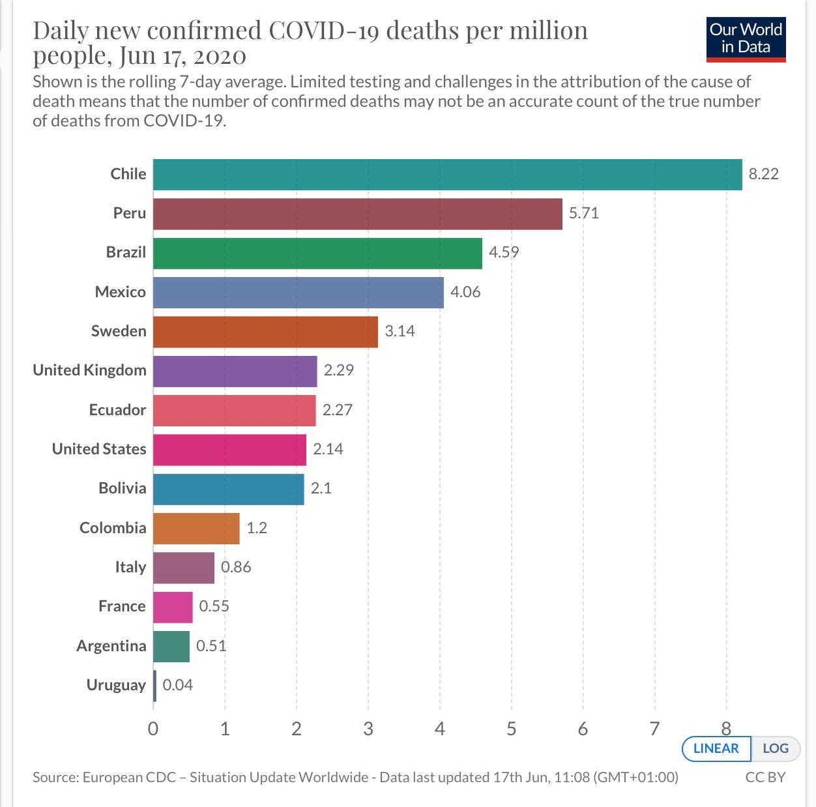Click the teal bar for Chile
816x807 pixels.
(447, 175)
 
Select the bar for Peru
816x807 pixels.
(357, 214)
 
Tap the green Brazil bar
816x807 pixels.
(317, 253)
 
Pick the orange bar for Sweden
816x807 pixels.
(265, 332)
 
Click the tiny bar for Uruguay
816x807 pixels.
(155, 686)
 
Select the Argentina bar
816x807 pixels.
(171, 647)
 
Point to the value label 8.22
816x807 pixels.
(763, 174)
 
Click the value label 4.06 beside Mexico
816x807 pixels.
(465, 292)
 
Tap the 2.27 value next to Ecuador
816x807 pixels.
(337, 410)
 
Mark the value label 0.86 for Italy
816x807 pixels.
(236, 567)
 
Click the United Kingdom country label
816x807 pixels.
(89, 370)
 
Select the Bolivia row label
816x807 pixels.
(122, 488)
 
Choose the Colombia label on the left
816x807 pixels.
(113, 527)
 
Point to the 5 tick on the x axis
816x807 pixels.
(511, 729)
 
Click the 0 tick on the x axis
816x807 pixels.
(153, 729)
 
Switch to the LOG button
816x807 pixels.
(775, 748)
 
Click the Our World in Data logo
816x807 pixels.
(746, 39)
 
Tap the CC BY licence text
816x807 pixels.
(765, 777)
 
